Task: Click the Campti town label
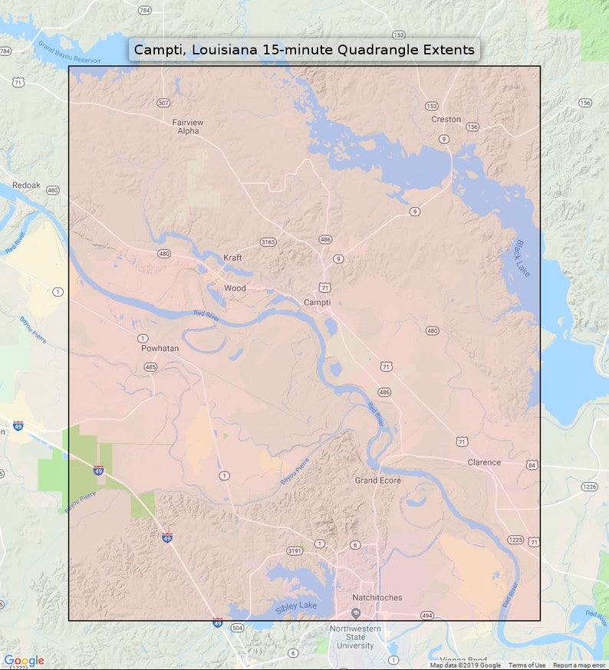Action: [317, 302]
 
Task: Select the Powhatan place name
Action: [160, 348]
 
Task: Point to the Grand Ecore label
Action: [377, 480]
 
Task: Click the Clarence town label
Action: [484, 462]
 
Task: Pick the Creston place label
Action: [446, 119]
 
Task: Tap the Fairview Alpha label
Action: [188, 126]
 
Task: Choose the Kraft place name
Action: [232, 258]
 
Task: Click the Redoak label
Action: [26, 186]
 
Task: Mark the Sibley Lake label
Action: [295, 610]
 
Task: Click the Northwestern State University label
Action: [355, 637]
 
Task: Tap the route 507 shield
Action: [163, 103]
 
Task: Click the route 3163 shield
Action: [268, 242]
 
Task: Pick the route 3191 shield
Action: [294, 551]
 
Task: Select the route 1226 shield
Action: [589, 487]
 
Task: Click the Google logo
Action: [24, 660]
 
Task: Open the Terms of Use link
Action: [527, 665]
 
